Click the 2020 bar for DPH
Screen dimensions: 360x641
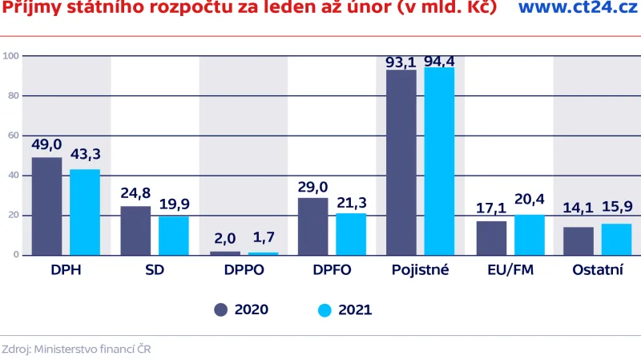pyautogui.click(x=46, y=206)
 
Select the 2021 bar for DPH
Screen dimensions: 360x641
pyautogui.click(x=85, y=212)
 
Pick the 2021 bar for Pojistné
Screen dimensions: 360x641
pyautogui.click(x=439, y=161)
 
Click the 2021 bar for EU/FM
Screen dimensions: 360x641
pyautogui.click(x=529, y=235)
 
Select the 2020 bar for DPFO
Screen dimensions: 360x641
pyautogui.click(x=312, y=226)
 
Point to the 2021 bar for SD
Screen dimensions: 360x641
pyautogui.click(x=173, y=236)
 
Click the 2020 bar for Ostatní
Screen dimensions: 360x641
pyautogui.click(x=579, y=241)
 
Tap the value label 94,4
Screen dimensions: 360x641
pyautogui.click(x=439, y=60)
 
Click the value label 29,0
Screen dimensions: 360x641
pyautogui.click(x=312, y=187)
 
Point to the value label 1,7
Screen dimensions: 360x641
pyautogui.click(x=262, y=237)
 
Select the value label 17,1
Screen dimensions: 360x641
pyautogui.click(x=491, y=209)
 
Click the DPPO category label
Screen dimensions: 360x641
pyautogui.click(x=244, y=270)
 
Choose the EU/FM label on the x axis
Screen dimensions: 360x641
pyautogui.click(x=510, y=270)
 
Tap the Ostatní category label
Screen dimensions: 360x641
pyautogui.click(x=598, y=270)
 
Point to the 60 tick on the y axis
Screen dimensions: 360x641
pyautogui.click(x=11, y=136)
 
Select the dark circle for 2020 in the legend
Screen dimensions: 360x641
pyautogui.click(x=220, y=309)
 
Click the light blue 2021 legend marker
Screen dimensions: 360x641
pyautogui.click(x=324, y=309)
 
